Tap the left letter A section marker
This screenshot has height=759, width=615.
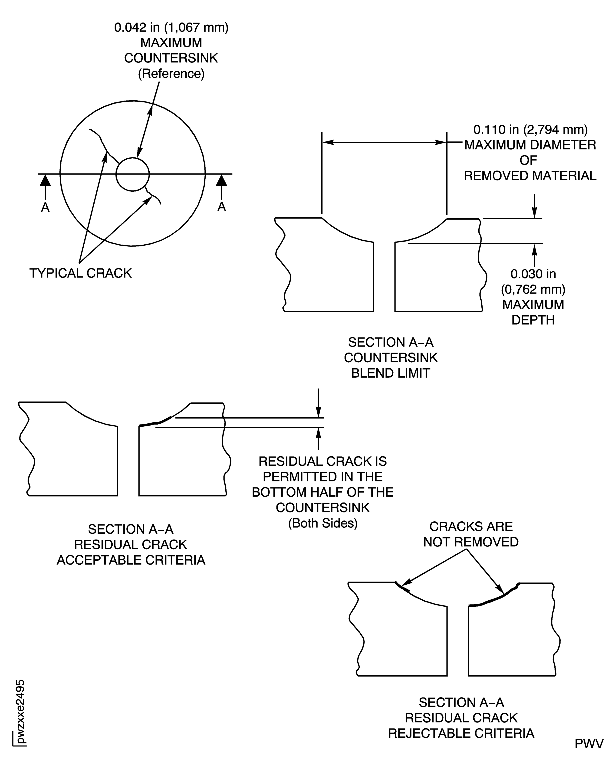[45, 207]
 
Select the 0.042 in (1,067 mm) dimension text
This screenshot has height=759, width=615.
[171, 27]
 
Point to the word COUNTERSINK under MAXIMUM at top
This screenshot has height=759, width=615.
[171, 58]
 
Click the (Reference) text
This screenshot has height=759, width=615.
[171, 74]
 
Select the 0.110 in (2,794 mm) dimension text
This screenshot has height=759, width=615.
[530, 130]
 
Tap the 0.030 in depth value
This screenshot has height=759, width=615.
[533, 274]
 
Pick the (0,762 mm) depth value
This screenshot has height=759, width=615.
[533, 289]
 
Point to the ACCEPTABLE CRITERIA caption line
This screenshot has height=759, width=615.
[131, 560]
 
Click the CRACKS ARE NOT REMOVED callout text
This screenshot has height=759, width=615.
[471, 534]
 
